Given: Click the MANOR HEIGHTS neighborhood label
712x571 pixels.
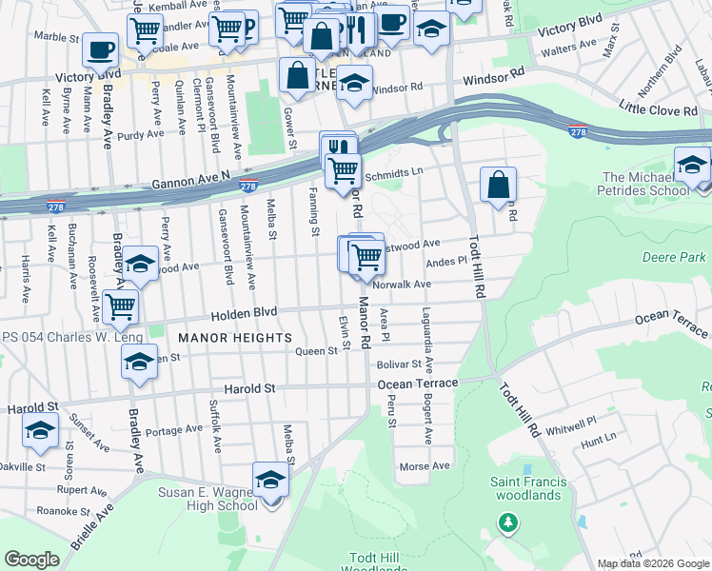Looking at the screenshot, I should coord(233,338).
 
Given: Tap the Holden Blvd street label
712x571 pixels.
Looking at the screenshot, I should coord(250,310).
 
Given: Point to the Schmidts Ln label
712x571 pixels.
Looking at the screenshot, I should coord(392,167).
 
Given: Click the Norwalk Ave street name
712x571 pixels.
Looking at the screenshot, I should coord(403,284).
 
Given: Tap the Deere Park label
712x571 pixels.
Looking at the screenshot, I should coord(674,257).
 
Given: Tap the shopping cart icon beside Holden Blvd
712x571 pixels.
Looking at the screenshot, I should coord(120,306).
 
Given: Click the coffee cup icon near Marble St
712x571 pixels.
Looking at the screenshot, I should coord(100,49).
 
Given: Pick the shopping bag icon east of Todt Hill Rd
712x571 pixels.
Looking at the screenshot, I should coord(498,185).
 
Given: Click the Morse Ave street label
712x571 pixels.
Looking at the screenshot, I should coord(425,466).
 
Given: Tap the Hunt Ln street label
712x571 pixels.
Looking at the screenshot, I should coord(598,443).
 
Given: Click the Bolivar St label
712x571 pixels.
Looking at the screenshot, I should coord(398,364).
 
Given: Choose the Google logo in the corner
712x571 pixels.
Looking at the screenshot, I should coord(32,560).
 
